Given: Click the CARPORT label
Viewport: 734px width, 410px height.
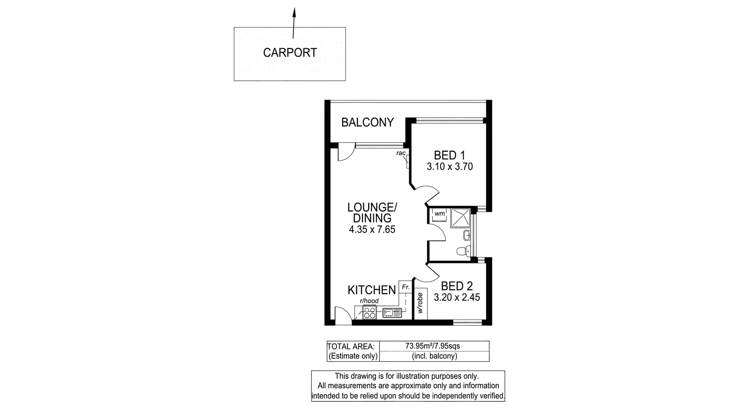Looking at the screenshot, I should pos(290,53).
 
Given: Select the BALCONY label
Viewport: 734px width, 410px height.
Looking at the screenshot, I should pos(367,122).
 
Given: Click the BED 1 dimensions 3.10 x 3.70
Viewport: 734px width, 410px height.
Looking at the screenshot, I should pos(450,166).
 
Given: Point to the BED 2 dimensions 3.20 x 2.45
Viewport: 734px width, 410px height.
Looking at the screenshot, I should pos(457,297).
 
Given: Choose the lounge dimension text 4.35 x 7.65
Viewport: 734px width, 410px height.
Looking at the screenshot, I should pos(372,230).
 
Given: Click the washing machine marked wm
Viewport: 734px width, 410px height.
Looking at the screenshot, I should pos(439,214).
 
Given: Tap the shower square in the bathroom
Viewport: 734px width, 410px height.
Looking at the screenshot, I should pos(460,218).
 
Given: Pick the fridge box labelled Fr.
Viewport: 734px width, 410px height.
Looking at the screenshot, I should pos(405,287).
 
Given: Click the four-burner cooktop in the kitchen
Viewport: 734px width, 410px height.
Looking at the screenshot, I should pos(369,313).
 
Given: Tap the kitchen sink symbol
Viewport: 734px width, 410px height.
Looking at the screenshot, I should pos(392,313).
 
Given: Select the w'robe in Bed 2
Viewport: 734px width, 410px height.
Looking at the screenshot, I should pos(420,303).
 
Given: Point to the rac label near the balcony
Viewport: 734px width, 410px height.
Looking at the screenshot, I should pos(401,153).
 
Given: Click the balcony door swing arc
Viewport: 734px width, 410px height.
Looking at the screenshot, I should pos(345,153).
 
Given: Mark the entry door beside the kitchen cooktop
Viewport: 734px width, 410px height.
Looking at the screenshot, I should pos(343,315).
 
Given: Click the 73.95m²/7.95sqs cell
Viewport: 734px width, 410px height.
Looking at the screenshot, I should pos(434,346).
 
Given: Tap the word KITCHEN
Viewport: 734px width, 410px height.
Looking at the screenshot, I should pos(371,290).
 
